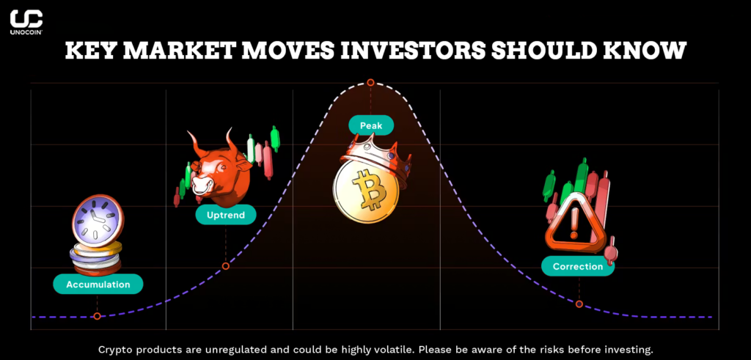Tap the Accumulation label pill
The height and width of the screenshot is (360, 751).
click(98, 284)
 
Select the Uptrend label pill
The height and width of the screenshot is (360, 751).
click(226, 215)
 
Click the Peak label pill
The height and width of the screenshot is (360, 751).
click(370, 125)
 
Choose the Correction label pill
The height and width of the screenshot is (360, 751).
click(578, 266)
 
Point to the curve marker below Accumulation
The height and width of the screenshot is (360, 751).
click(97, 316)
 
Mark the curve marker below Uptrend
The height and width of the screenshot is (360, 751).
click(226, 265)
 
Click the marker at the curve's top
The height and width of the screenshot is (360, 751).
click(370, 83)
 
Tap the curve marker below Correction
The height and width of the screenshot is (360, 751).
click(579, 304)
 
